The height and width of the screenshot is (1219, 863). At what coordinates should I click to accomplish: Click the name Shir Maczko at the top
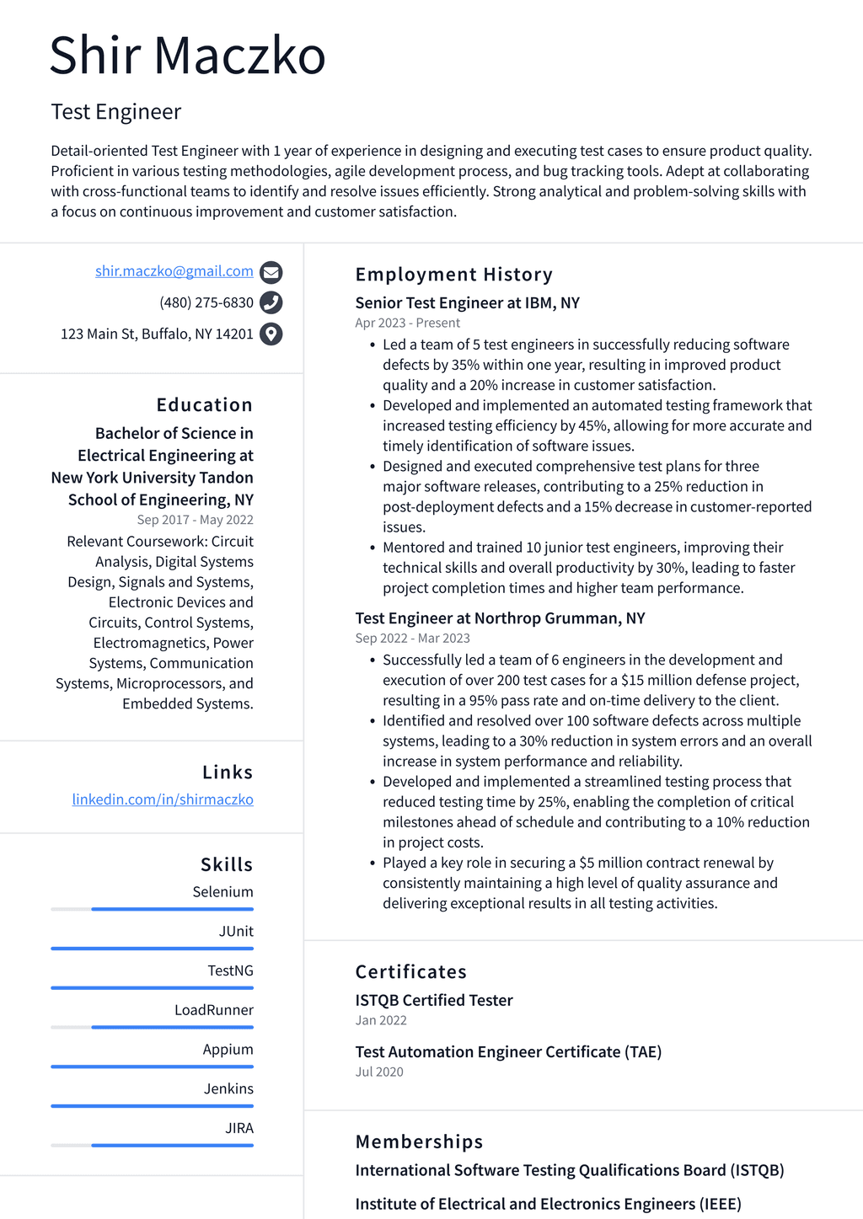click(x=187, y=56)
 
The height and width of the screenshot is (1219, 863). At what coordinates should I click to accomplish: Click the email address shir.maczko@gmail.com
click(x=174, y=271)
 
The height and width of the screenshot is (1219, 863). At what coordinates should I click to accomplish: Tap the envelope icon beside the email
click(x=271, y=272)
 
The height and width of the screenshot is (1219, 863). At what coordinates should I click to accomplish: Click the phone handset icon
click(x=271, y=302)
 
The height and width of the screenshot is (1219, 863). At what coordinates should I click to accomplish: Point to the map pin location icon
click(x=271, y=334)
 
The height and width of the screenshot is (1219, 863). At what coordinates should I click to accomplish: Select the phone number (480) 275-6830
click(x=206, y=302)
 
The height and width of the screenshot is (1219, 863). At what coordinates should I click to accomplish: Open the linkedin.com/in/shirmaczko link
click(x=163, y=799)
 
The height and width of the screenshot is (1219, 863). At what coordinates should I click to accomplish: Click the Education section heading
click(x=204, y=405)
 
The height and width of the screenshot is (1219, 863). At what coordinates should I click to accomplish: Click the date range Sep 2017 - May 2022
click(x=195, y=520)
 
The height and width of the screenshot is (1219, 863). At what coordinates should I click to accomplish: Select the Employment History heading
click(x=453, y=275)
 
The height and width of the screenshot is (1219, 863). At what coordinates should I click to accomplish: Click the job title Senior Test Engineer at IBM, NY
click(x=467, y=303)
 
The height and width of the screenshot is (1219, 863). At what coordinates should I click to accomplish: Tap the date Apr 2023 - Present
click(x=407, y=323)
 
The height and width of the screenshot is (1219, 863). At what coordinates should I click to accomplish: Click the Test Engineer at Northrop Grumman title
click(x=500, y=618)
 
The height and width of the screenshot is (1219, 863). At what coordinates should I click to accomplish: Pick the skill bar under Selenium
click(x=153, y=909)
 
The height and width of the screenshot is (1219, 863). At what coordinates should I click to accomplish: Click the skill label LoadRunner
click(x=213, y=1010)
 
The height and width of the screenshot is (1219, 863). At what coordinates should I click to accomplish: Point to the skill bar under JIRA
click(x=153, y=1146)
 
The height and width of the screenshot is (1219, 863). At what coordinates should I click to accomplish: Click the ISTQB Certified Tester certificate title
click(x=433, y=1001)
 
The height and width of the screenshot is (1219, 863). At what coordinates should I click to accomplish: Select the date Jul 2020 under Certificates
click(x=379, y=1072)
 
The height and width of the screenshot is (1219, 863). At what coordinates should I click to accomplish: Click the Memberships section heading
click(x=419, y=1142)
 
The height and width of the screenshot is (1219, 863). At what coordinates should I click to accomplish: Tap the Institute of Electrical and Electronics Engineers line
click(x=548, y=1204)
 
